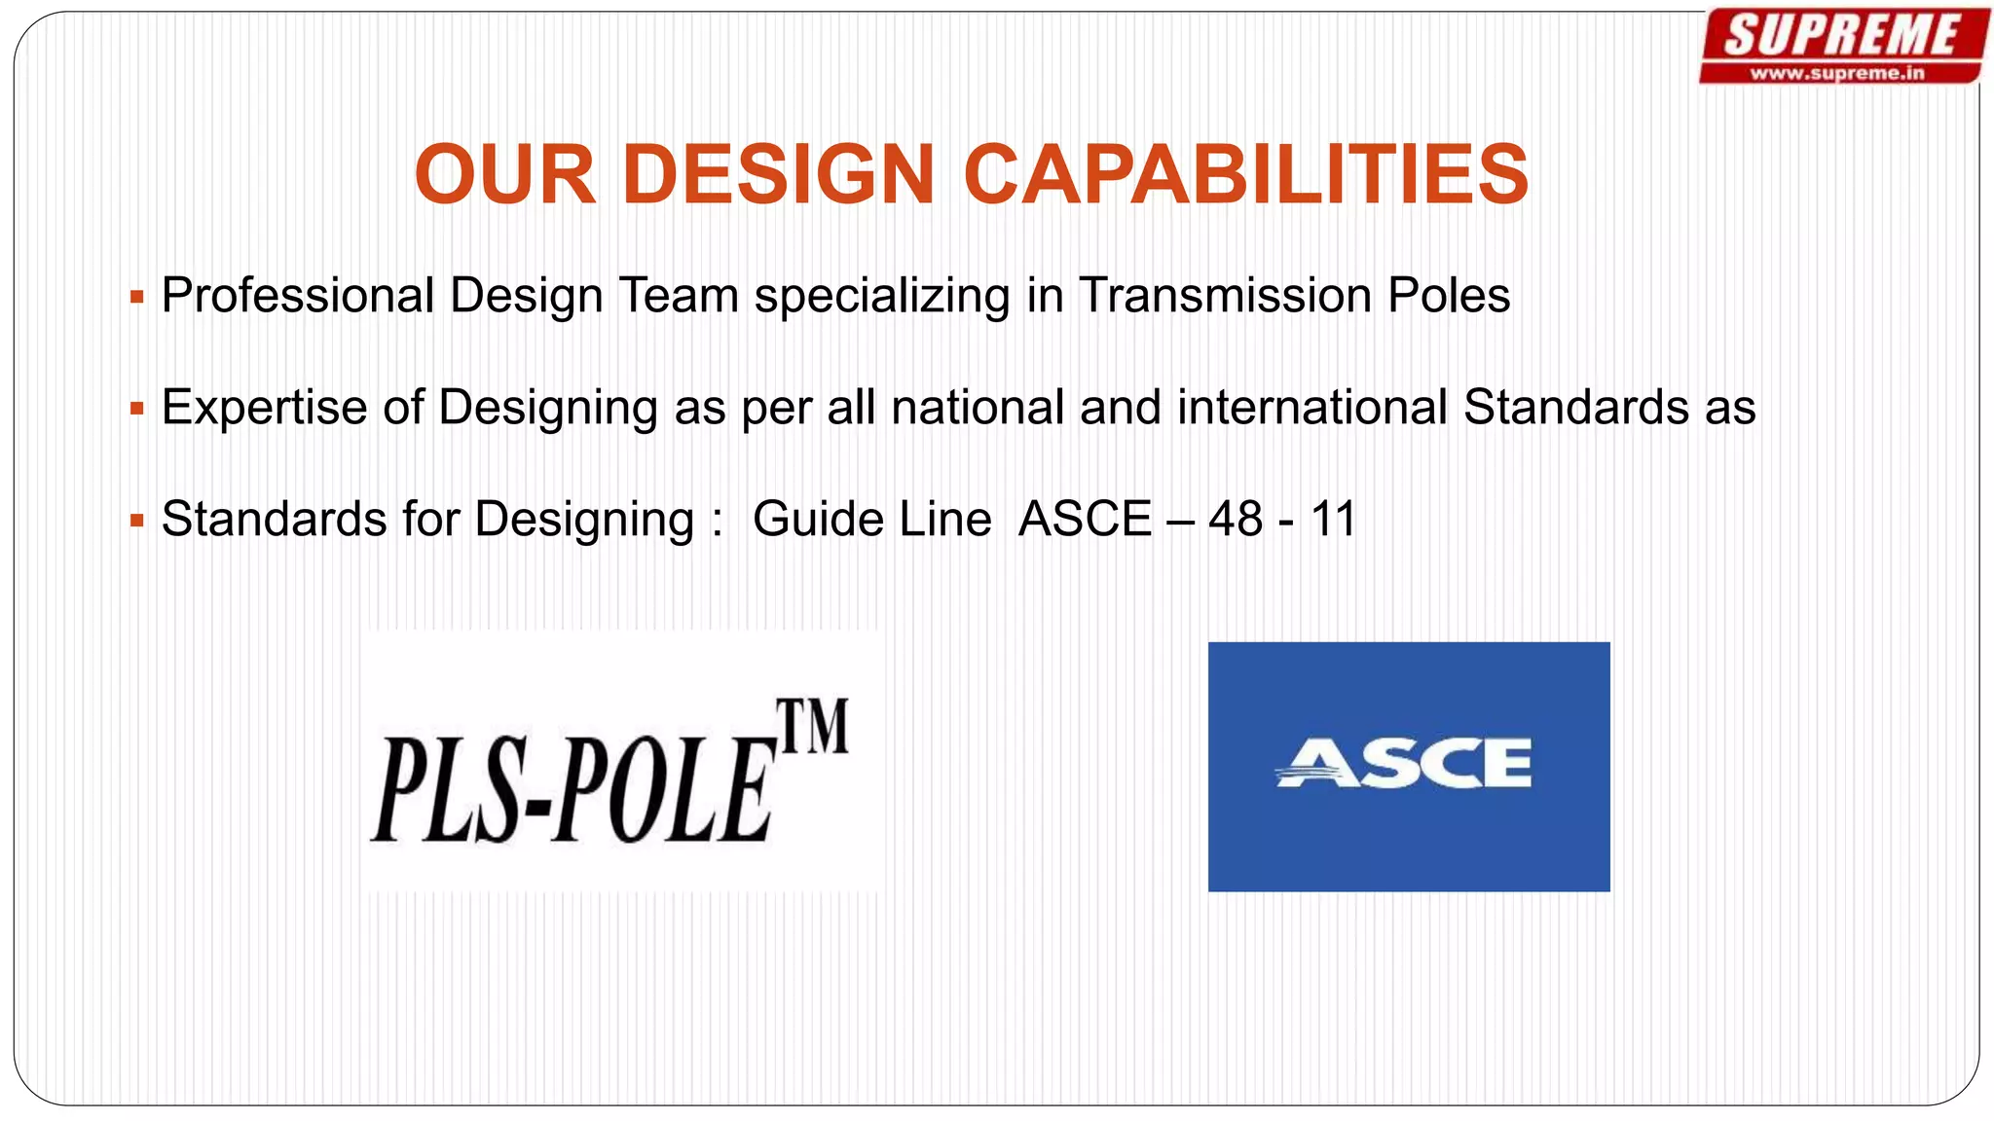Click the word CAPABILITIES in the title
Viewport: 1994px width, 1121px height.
pyautogui.click(x=1245, y=175)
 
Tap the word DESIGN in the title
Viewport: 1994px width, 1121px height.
pyautogui.click(x=778, y=175)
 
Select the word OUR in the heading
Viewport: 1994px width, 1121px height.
pyautogui.click(x=504, y=175)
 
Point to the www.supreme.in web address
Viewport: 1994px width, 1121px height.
pyautogui.click(x=1837, y=73)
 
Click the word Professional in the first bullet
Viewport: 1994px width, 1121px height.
pyautogui.click(x=298, y=296)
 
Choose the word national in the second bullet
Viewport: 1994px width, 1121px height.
pyautogui.click(x=978, y=407)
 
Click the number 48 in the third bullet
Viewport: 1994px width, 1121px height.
pyautogui.click(x=1236, y=519)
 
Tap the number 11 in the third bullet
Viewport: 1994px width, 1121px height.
pyautogui.click(x=1333, y=519)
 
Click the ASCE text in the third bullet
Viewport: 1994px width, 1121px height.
pyautogui.click(x=1085, y=519)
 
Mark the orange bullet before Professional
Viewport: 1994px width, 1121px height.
pyautogui.click(x=137, y=297)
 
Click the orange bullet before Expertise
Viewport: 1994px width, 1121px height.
pyautogui.click(x=137, y=409)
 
